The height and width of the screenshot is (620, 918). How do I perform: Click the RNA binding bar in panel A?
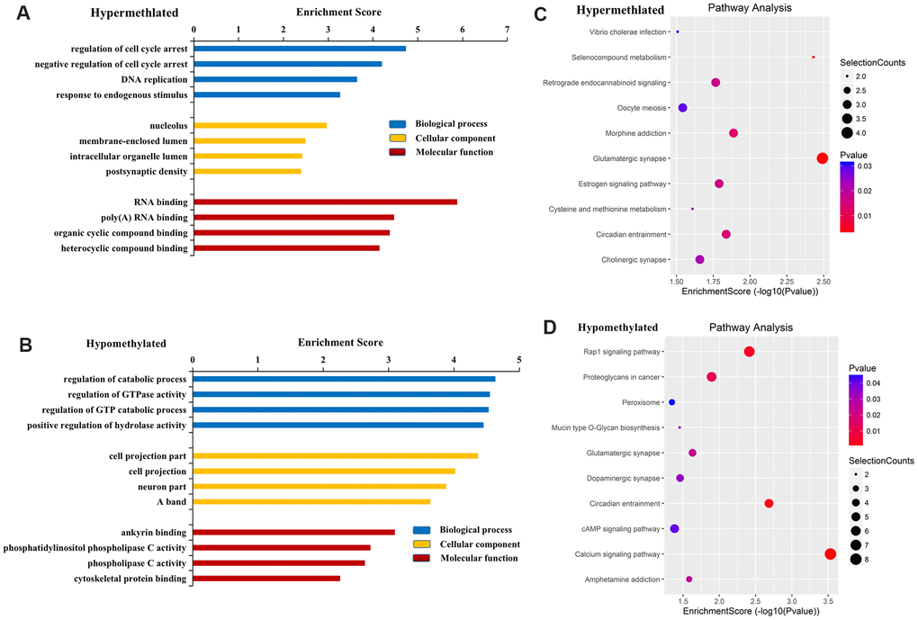coord(325,202)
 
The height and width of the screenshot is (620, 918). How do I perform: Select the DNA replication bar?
coord(275,79)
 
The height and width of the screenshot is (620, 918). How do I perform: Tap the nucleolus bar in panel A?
coord(260,126)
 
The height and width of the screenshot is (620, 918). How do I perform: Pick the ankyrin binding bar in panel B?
coord(293,532)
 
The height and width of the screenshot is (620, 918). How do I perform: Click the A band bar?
coord(311,501)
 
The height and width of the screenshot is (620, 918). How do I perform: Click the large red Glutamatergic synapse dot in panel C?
coord(822,158)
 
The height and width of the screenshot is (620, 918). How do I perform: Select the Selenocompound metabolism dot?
coord(813,58)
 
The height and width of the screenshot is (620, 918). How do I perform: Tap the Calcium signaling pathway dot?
coord(830,554)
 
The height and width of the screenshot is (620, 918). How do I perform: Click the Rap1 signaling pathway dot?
coord(749,352)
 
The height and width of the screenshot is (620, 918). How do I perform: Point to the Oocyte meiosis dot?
coord(682,108)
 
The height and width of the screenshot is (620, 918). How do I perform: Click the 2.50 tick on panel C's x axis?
coord(822,279)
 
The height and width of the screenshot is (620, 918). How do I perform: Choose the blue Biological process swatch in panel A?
coord(397,124)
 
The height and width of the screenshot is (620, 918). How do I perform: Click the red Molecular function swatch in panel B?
coord(421,558)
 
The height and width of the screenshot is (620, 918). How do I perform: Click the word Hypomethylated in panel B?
coord(126,344)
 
